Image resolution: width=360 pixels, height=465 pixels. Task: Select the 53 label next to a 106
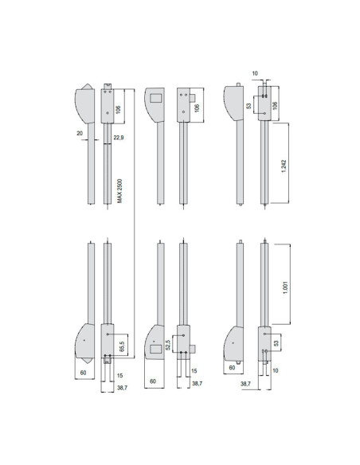(x=248, y=104)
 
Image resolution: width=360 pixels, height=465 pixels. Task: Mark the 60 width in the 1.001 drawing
(x=232, y=368)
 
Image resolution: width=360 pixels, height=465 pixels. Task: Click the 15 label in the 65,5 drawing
(x=119, y=374)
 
